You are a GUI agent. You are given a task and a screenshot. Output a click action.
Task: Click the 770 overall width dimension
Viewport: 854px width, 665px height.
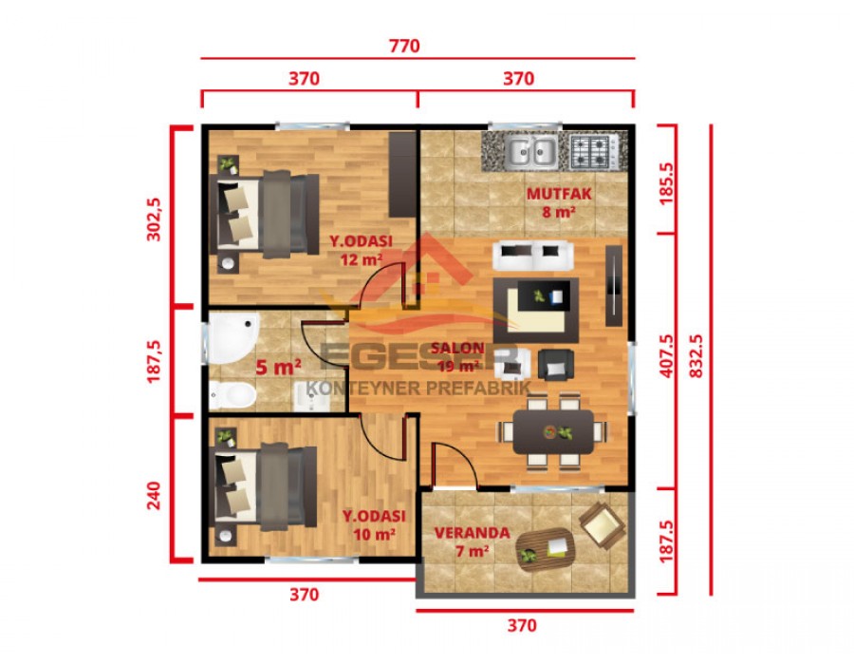pos(403,45)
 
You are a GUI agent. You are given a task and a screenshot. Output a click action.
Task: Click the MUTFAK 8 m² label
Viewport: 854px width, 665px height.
pos(560,202)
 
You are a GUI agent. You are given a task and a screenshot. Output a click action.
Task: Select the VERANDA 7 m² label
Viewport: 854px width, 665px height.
pos(472,541)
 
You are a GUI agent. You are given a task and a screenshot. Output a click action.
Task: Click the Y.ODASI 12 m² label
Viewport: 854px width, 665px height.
pos(361,249)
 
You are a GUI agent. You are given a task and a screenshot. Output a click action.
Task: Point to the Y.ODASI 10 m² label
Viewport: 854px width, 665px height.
pos(374,523)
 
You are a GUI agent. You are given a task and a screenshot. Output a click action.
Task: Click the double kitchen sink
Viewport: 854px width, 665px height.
pos(530,150)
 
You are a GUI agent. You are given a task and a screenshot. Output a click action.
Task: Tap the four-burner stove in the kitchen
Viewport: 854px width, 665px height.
pos(593,149)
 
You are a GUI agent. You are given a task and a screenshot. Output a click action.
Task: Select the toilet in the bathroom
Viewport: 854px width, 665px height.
pos(231,393)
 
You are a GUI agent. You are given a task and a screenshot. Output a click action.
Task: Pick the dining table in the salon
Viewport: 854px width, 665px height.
pos(553,432)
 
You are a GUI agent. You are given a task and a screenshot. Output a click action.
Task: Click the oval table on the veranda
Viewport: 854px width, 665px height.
pos(545,547)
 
